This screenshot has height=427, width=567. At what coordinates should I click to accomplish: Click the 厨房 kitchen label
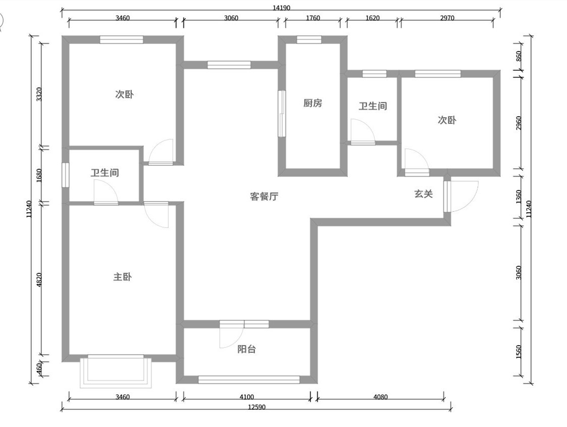(313, 103)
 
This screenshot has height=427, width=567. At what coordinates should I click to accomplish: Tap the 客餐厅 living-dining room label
(264, 197)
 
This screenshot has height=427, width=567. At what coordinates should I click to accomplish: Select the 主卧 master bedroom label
(122, 277)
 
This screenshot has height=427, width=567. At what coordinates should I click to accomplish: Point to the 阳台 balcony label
(246, 349)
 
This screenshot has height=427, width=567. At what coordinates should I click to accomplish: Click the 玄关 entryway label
(424, 194)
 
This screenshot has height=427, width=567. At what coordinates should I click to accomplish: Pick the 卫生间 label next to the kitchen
(373, 106)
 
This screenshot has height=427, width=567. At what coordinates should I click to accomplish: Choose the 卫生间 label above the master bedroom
(105, 173)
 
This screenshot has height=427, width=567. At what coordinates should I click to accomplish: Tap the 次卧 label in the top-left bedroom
(124, 94)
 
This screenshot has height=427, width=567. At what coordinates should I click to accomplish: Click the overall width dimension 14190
(281, 8)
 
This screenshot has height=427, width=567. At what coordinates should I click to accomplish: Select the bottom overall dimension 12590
(256, 407)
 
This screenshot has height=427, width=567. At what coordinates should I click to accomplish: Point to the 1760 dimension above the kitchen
(313, 18)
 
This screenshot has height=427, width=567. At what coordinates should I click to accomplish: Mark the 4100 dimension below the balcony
(247, 397)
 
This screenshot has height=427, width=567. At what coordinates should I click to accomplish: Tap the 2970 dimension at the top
(447, 18)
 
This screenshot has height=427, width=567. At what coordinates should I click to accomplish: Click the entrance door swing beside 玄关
(463, 196)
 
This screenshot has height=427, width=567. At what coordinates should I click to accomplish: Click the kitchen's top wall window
(309, 39)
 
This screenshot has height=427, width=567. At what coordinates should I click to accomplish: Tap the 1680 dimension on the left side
(40, 175)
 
